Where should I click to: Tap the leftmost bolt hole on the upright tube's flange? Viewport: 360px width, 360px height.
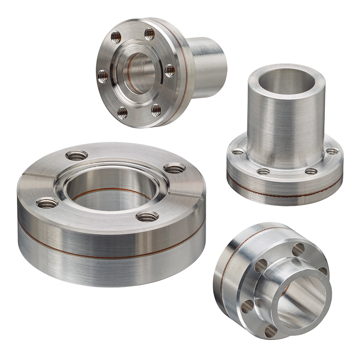tap(238, 152)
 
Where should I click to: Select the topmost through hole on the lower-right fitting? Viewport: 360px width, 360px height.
tap(299, 249)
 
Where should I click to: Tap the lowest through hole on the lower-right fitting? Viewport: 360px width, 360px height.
tap(270, 332)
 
